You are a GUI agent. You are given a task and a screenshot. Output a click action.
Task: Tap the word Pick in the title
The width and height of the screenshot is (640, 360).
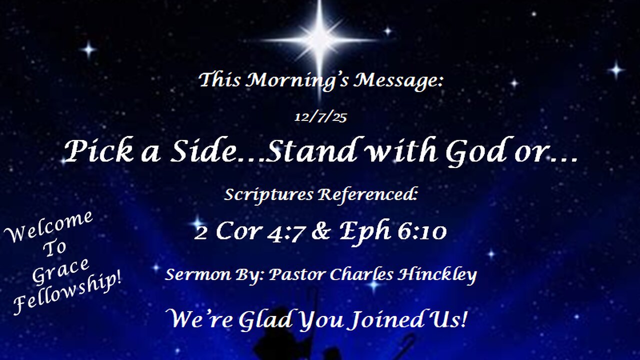(99, 151)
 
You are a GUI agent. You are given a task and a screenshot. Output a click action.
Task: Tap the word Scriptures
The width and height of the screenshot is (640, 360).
(268, 194)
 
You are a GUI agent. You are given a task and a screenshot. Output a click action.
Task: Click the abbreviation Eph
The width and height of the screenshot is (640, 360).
(365, 231)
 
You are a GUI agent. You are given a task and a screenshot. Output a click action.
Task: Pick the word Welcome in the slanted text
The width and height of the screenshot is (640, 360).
(48, 227)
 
